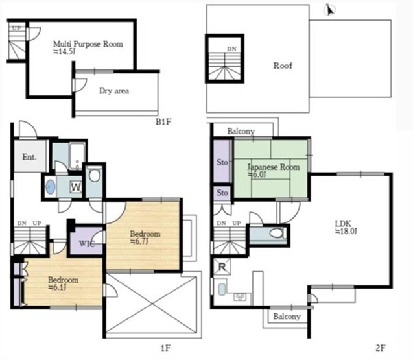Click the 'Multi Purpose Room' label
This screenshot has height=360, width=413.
pyautogui.click(x=88, y=44)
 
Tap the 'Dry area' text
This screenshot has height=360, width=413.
pyautogui.click(x=114, y=91)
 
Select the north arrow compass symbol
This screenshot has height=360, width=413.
pyautogui.click(x=329, y=10)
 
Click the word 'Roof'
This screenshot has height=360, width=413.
pyautogui.click(x=283, y=66)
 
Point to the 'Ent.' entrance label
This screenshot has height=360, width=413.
pyautogui.click(x=29, y=157)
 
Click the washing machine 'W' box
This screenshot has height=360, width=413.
pyautogui.click(x=76, y=187)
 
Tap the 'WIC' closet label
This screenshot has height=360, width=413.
pyautogui.click(x=86, y=243)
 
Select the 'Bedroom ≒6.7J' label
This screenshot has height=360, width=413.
pyautogui.click(x=145, y=237)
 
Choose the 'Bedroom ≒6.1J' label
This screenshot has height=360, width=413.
pyautogui.click(x=64, y=283)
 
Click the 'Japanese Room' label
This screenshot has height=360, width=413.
pyautogui.click(x=274, y=167)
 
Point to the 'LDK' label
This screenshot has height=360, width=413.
pyautogui.click(x=343, y=224)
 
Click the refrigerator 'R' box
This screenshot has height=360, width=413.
pyautogui.click(x=222, y=267)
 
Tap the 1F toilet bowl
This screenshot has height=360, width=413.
pyautogui.click(x=95, y=175)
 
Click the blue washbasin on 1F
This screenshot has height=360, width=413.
pyautogui.click(x=50, y=187)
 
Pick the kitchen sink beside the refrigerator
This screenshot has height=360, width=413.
pyautogui.click(x=222, y=289)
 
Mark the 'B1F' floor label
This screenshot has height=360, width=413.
pyautogui.click(x=163, y=122)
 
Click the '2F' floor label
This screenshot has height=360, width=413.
pyautogui.click(x=381, y=348)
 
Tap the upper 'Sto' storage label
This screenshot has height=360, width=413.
pyautogui.click(x=222, y=162)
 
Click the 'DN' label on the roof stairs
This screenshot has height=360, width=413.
pyautogui.click(x=232, y=49)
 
